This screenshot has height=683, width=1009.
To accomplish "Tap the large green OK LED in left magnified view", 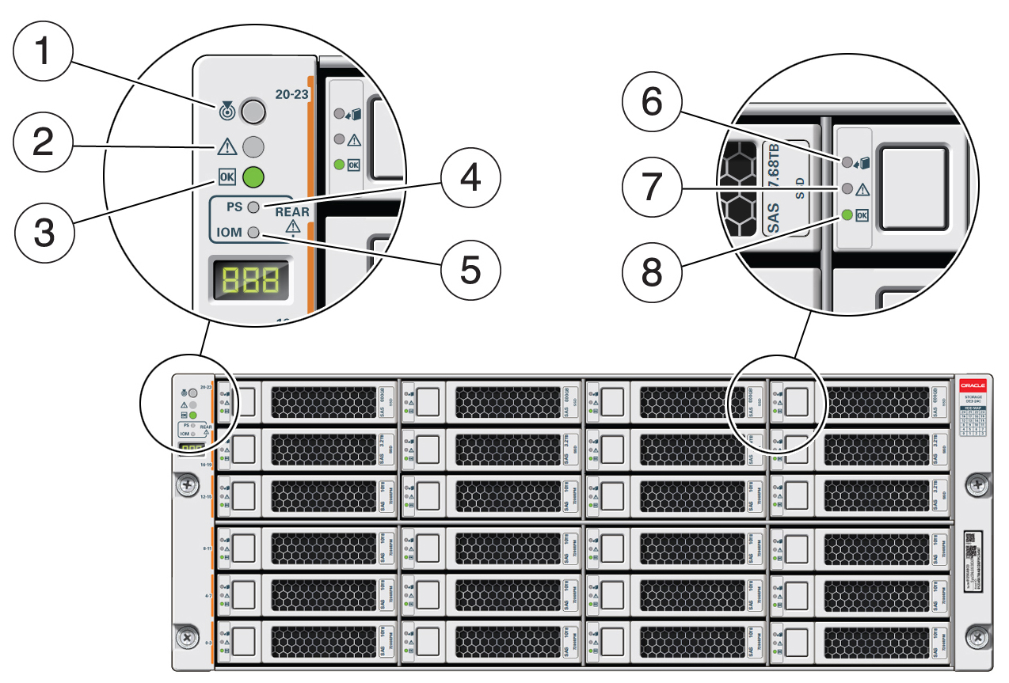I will click(253, 176).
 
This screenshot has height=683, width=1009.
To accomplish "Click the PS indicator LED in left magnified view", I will click(253, 207).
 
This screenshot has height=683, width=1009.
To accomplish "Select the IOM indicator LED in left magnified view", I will click(253, 233).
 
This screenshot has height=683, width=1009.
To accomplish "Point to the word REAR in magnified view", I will click(291, 212).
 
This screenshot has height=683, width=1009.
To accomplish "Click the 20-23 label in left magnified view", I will click(291, 93).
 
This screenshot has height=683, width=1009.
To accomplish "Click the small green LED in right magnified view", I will click(847, 214).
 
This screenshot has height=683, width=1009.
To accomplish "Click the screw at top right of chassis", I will click(978, 484).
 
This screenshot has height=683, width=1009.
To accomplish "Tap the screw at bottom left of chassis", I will click(187, 636).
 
